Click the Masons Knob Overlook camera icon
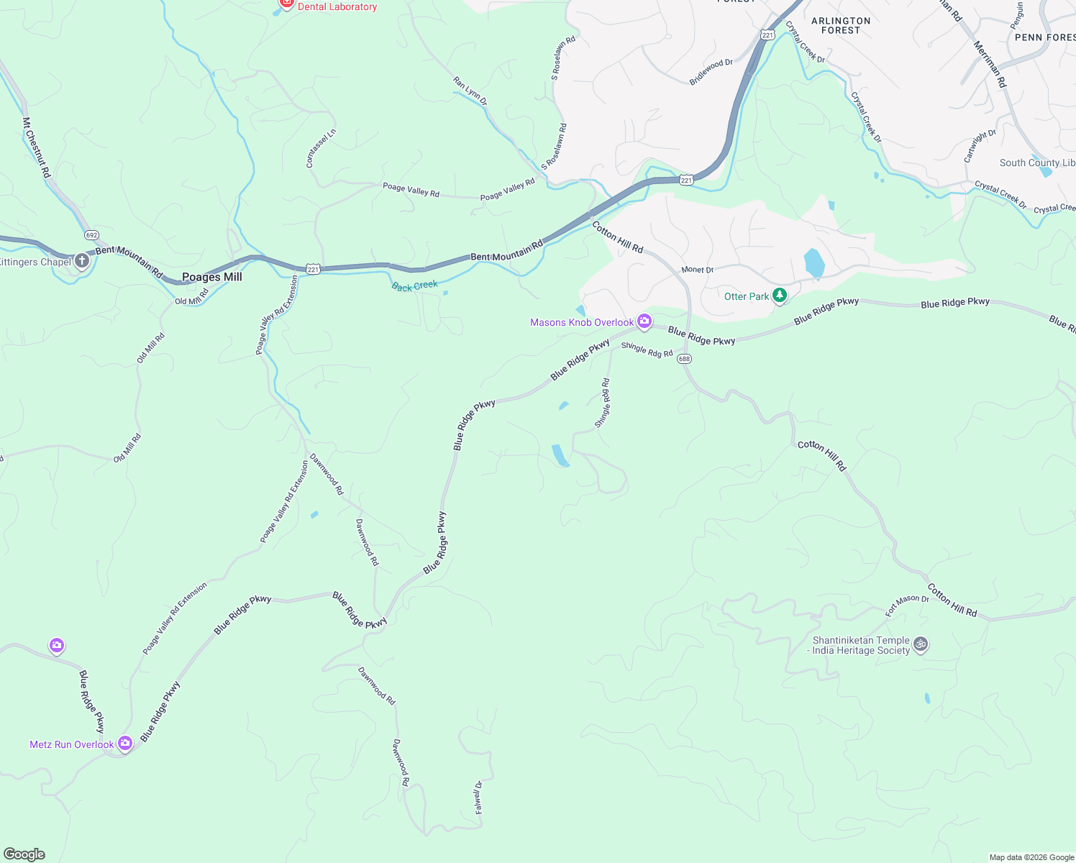(644, 322)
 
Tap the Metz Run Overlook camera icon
(125, 744)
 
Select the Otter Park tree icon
(779, 296)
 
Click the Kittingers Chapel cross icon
(82, 260)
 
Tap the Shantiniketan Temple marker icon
(921, 644)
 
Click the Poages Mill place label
(211, 277)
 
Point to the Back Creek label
(415, 286)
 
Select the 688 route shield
(684, 359)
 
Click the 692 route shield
(91, 235)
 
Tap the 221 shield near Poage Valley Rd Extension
(313, 269)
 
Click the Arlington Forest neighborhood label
(841, 25)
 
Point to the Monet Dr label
(697, 270)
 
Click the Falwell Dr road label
(478, 797)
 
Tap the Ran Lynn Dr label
(470, 91)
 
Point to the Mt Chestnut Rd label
(37, 148)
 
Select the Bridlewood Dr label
(711, 72)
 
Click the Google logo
(24, 854)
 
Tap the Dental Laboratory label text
(337, 6)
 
